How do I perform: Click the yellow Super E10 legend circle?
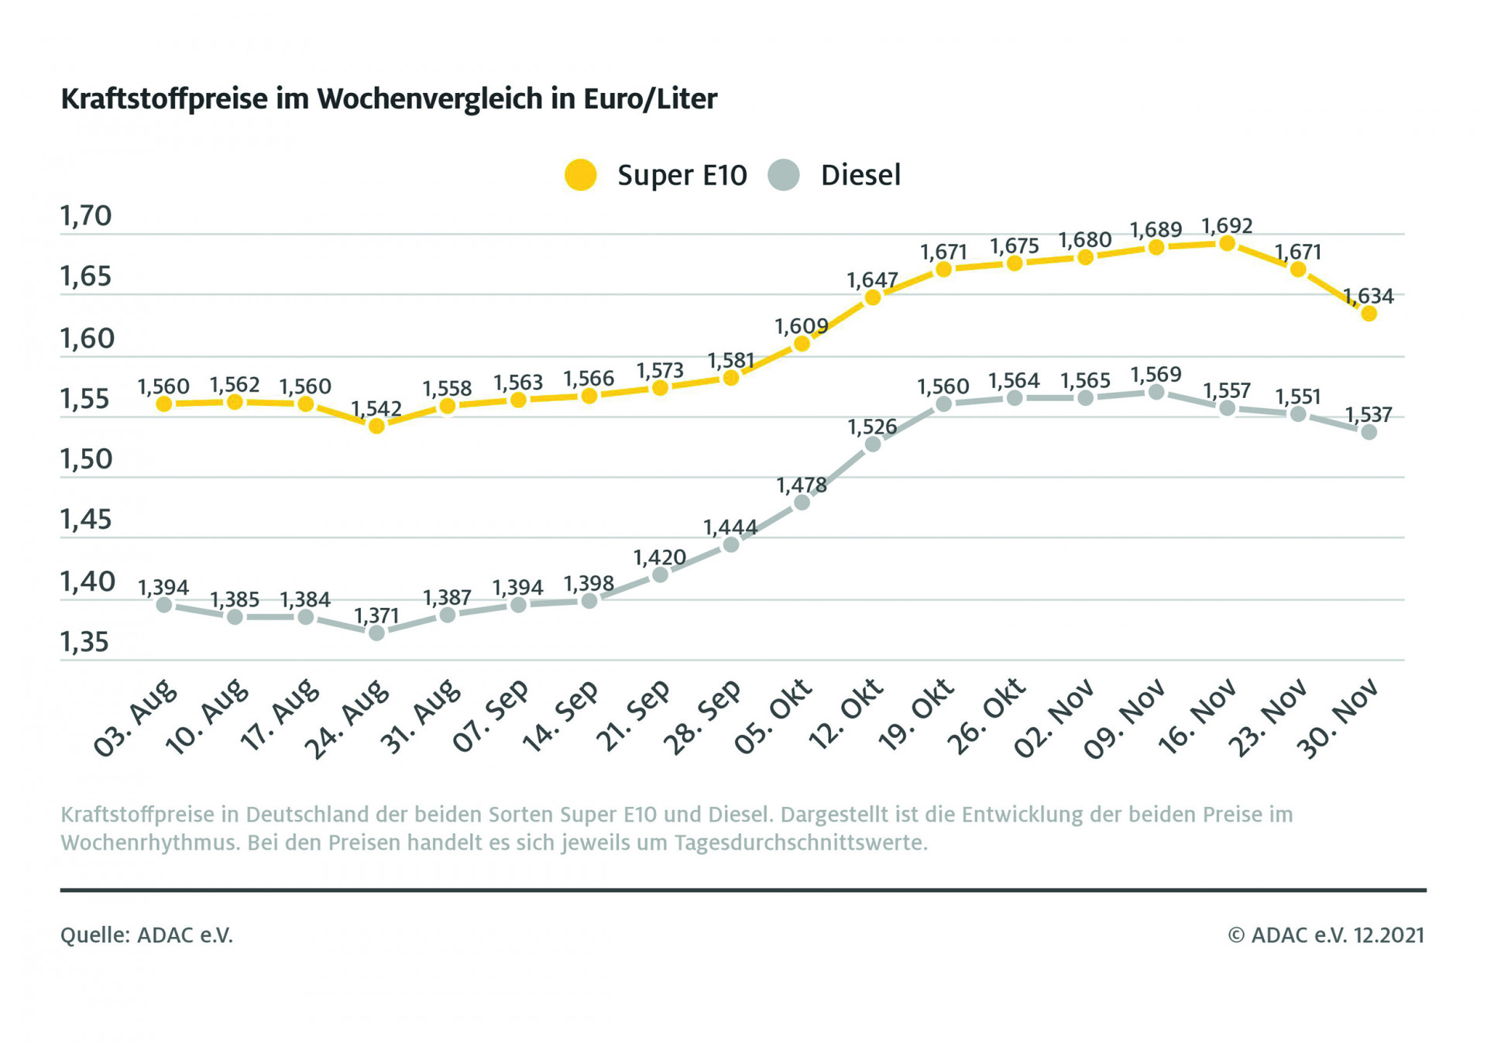point(580,175)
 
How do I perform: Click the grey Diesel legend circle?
point(783,175)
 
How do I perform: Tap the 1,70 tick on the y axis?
point(86,216)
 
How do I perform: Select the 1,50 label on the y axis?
point(86,459)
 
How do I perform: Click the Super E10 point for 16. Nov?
point(1227,244)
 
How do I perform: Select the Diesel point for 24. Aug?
point(376,633)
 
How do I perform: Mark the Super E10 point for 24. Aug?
point(376,426)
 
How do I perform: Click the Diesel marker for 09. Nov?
point(1156,393)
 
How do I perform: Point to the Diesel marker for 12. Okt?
point(873,444)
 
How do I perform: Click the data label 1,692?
point(1227,226)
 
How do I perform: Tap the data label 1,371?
point(376,616)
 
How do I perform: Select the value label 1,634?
point(1368,296)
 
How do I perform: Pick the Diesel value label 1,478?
point(802,485)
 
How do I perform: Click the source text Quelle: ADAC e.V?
point(146,935)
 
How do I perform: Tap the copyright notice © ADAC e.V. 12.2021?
point(1326,935)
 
